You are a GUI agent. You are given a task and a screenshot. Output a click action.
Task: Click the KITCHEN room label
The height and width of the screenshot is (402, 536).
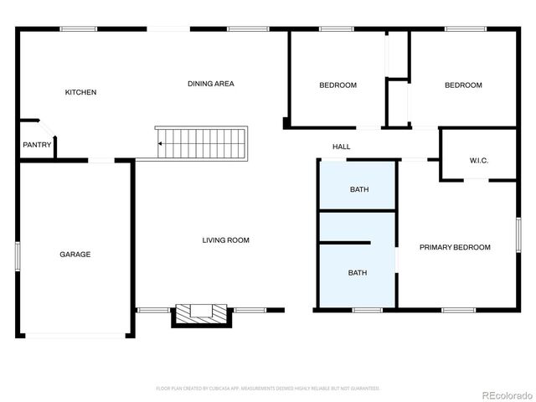tap(81, 92)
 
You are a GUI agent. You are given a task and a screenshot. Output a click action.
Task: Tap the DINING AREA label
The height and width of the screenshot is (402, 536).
tap(210, 84)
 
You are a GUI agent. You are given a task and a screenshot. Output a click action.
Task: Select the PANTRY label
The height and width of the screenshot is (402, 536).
tap(37, 145)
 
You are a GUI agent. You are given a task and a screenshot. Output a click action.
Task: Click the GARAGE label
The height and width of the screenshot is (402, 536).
tap(75, 255)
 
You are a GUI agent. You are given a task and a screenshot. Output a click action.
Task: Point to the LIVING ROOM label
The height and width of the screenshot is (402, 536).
tap(226, 240)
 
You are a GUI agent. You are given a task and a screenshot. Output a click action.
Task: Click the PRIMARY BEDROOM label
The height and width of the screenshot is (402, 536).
tap(455, 247)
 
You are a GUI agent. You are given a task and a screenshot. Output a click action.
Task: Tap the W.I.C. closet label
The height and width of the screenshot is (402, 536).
tap(479, 160)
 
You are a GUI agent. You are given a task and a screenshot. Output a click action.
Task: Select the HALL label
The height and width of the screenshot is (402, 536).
tap(341, 147)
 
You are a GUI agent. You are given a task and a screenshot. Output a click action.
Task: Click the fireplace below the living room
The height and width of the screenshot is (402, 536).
tap(201, 314)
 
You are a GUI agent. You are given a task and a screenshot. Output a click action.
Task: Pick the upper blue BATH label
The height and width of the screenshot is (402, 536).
tap(358, 189)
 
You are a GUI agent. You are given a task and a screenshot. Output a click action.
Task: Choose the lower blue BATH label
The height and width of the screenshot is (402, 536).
tap(358, 272)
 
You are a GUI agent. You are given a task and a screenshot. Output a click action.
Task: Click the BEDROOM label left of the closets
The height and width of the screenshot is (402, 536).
tap(338, 85)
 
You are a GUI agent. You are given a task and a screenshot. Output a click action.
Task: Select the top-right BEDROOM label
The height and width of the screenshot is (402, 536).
tap(463, 85)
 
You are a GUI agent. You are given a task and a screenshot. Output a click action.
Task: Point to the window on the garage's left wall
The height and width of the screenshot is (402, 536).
tap(18, 255)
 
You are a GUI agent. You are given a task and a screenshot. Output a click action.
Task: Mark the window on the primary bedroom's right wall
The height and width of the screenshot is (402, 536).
tap(518, 234)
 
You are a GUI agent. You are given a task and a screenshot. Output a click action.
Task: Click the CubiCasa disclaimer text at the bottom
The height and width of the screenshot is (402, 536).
tap(268, 389)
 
